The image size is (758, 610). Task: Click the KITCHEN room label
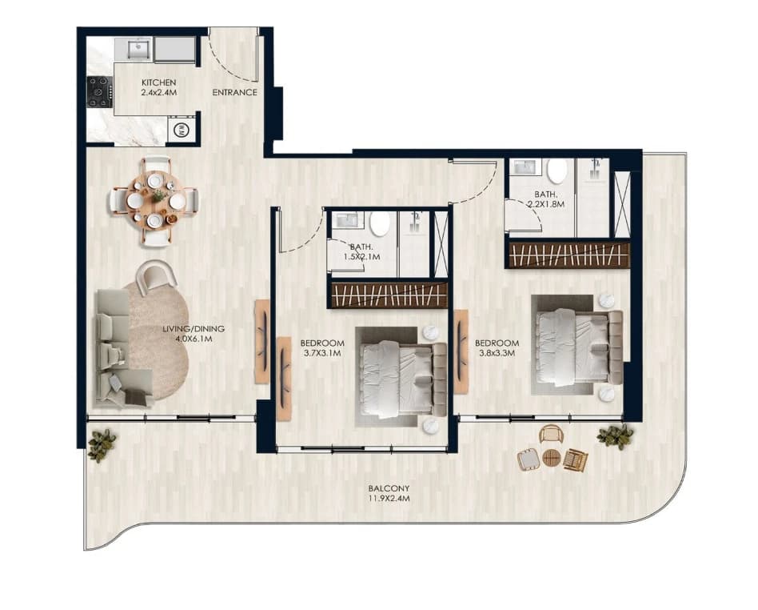[x=158, y=82]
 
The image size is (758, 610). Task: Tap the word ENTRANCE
[x=234, y=93]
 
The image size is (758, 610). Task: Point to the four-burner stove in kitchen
[x=100, y=92]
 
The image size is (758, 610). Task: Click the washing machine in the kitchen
[x=182, y=130]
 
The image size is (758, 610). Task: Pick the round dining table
[x=154, y=199]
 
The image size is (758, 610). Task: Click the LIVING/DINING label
[x=193, y=329]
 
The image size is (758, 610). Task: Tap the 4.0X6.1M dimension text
[x=193, y=339]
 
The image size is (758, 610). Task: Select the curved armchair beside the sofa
[x=156, y=276]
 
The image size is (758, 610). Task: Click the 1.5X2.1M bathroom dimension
[x=361, y=257]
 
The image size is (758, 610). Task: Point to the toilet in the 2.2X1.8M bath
[x=557, y=171]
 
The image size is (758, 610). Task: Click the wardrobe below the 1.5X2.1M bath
[x=389, y=295]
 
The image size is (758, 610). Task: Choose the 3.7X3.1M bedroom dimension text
[x=322, y=353]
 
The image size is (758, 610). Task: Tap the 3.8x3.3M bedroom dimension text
[x=497, y=353]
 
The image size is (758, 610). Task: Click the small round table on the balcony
[x=551, y=458]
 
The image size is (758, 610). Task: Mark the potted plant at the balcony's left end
[x=102, y=444]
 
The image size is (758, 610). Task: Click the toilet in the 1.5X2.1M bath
[x=380, y=223]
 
